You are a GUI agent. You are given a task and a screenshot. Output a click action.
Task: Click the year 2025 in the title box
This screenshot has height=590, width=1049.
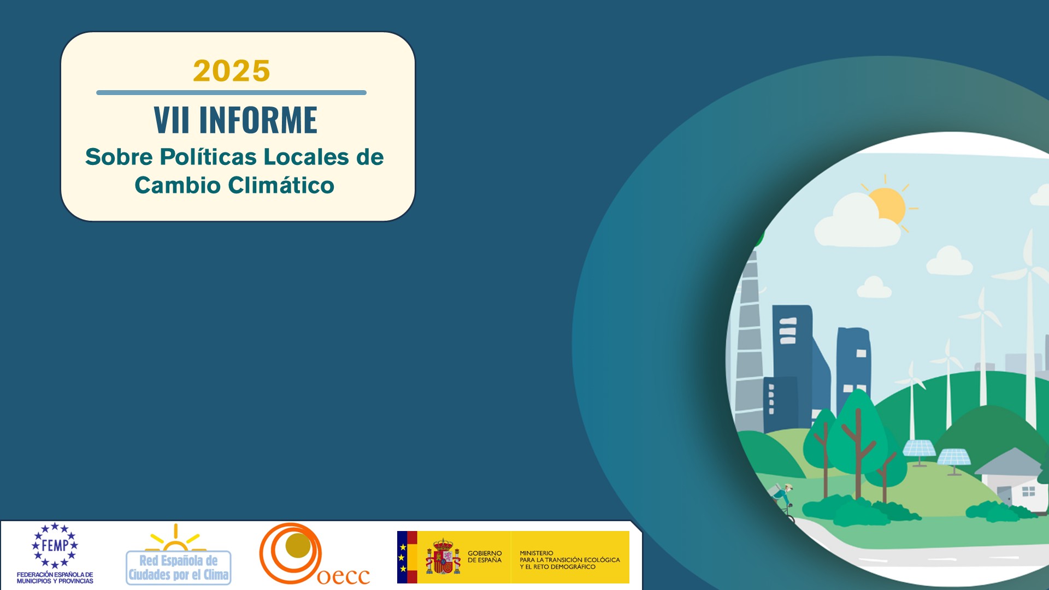(x=232, y=71)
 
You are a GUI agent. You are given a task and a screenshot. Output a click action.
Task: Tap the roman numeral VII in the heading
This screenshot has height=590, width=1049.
(x=172, y=120)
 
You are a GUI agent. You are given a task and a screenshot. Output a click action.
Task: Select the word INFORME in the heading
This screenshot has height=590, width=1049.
(x=258, y=120)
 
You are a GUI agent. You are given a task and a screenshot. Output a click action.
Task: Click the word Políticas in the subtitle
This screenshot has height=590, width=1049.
(x=208, y=157)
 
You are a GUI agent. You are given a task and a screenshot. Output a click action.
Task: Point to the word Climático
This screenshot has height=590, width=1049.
(x=281, y=185)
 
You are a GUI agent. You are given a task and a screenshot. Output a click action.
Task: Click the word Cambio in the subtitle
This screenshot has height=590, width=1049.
(x=178, y=185)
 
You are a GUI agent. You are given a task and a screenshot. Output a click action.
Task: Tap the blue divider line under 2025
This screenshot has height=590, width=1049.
(x=231, y=93)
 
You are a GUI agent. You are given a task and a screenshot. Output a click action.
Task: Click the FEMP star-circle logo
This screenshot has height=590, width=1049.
(x=55, y=545)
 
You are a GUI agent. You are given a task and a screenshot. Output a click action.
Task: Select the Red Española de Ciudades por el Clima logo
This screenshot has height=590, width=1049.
(x=179, y=554)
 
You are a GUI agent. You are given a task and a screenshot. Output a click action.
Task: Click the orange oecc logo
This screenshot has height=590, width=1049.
(x=314, y=554)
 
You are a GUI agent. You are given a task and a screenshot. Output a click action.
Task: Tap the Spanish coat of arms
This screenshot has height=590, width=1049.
(x=443, y=557)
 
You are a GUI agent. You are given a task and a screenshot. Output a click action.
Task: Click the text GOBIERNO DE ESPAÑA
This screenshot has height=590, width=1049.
(x=485, y=557)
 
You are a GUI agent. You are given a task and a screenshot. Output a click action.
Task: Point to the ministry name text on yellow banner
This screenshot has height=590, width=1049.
(x=570, y=560)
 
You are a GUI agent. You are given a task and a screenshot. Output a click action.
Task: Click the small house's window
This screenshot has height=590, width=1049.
(x=1028, y=491)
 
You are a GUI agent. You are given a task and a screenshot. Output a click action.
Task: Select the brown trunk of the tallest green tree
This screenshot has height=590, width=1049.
(x=858, y=453)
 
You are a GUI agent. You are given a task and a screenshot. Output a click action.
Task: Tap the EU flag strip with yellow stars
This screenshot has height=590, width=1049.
(x=403, y=557)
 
